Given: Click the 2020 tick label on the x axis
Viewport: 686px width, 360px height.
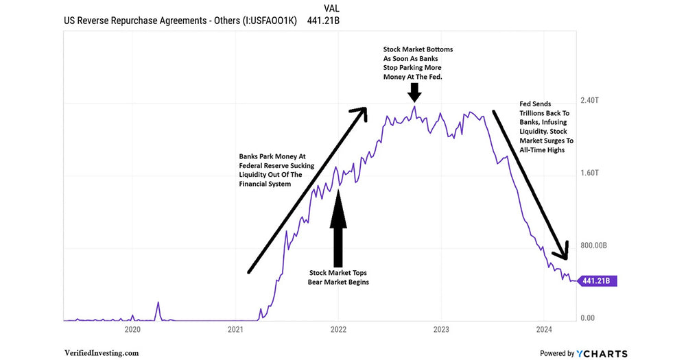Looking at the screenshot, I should coord(132,330).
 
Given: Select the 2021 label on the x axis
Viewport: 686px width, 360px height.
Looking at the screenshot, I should coord(235,330).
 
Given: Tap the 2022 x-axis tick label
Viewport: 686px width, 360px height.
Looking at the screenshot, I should coord(338,330).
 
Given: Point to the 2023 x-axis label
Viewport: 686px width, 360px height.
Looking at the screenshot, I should coord(441,330).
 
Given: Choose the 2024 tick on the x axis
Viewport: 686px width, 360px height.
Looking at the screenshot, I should coord(543,330).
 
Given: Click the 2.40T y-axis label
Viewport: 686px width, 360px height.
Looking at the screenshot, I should coord(591,100).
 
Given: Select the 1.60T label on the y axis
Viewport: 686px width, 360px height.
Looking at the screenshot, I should coord(591,173).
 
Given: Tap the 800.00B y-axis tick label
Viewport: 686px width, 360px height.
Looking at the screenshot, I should coord(596,245).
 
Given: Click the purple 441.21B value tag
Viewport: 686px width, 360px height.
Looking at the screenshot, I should coord(598,280).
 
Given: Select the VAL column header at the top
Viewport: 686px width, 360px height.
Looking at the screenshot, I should coord(331,8).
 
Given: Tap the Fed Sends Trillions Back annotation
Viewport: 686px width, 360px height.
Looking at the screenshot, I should coord(546,127).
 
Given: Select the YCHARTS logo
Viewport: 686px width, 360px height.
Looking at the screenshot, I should coord(602,353).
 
